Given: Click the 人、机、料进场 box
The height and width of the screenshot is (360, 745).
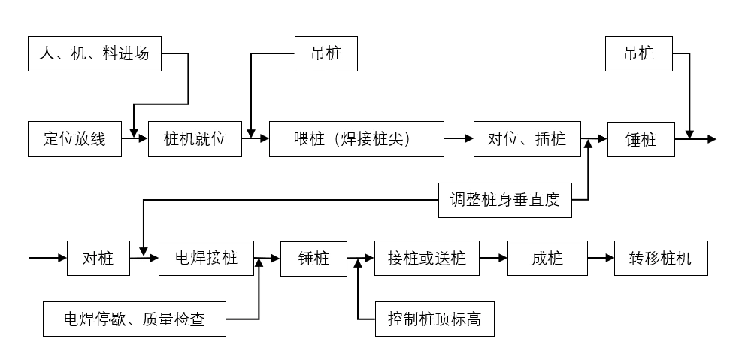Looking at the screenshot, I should [x=95, y=53].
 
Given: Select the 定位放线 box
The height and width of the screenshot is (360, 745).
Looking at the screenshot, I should [x=74, y=138].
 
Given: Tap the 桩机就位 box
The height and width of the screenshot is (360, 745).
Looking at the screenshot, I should [x=195, y=138].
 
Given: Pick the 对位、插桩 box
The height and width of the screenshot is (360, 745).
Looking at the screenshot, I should [x=527, y=138].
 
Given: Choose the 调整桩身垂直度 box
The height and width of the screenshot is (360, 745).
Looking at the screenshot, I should [x=504, y=200].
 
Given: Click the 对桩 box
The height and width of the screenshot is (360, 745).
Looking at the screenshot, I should [x=98, y=259].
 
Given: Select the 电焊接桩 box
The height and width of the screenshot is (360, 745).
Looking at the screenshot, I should [x=206, y=259].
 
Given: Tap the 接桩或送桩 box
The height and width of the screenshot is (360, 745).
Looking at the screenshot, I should [x=427, y=259].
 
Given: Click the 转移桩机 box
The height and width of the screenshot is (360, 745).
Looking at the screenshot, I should [x=660, y=259].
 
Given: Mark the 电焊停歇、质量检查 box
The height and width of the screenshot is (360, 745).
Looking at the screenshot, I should [x=134, y=319].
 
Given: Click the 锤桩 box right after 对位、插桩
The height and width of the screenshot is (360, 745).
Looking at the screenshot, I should [x=641, y=138].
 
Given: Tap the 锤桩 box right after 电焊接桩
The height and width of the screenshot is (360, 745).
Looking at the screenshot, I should [x=314, y=259].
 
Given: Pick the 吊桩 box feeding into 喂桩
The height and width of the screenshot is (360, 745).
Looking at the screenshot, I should [x=326, y=53].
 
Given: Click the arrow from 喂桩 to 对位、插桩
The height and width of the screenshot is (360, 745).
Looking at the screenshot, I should [x=459, y=138].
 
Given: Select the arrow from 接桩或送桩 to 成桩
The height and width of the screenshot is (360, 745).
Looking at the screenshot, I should [x=494, y=259].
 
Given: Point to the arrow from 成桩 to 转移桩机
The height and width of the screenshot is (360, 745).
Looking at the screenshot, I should [x=601, y=259].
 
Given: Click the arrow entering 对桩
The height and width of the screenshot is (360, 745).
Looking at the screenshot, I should [x=48, y=259].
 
